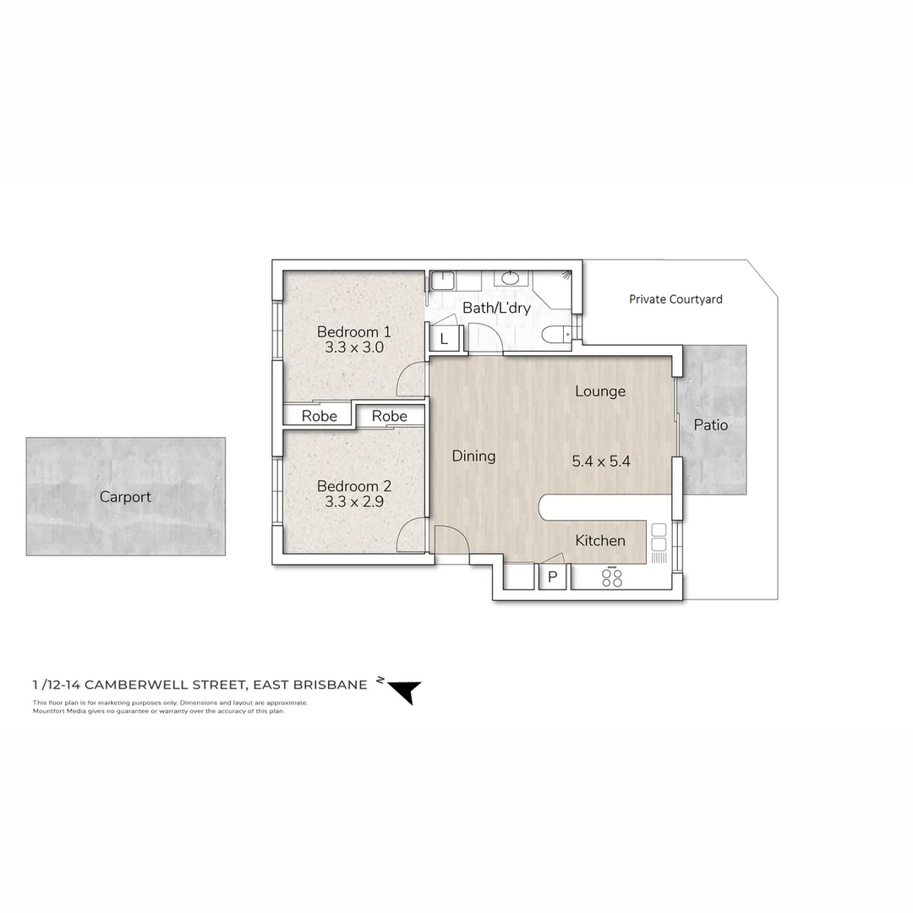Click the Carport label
click(125, 497)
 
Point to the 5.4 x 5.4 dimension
click(601, 462)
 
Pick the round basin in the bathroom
click(511, 278)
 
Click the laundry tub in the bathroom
click(443, 281)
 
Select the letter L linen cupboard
click(445, 340)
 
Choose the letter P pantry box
click(554, 577)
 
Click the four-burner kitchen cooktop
click(611, 577)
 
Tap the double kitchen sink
click(659, 539)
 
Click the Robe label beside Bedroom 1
click(319, 416)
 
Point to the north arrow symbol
click(402, 690)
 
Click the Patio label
click(710, 425)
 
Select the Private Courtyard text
click(675, 299)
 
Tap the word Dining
click(473, 456)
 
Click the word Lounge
click(600, 391)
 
